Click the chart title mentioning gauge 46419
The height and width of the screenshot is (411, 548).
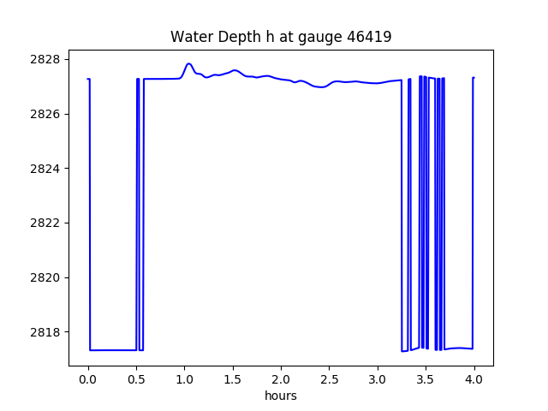click(281, 37)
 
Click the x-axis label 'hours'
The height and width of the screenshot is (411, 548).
click(281, 396)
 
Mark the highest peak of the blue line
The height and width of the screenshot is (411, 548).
click(188, 63)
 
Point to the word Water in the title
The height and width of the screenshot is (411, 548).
click(189, 37)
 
